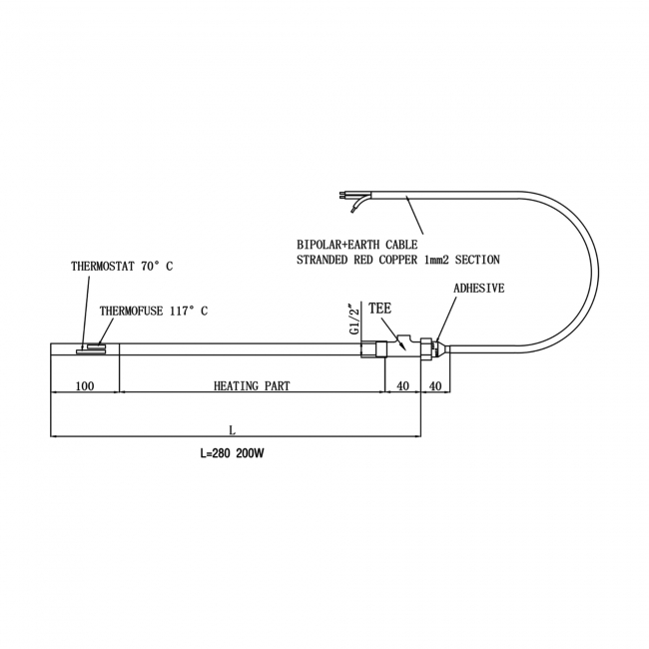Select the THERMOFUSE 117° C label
click(x=153, y=311)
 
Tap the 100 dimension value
click(x=84, y=386)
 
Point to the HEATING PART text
click(x=252, y=386)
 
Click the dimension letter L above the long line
click(x=232, y=430)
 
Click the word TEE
click(x=379, y=310)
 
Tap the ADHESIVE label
click(x=479, y=288)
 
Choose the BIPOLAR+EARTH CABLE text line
click(x=356, y=244)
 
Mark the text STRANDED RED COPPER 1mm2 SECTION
click(x=398, y=260)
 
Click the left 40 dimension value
click(x=403, y=386)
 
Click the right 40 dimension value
click(x=435, y=386)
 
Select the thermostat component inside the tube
click(x=92, y=348)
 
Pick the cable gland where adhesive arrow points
click(x=433, y=347)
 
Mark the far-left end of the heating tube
click(x=51, y=348)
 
